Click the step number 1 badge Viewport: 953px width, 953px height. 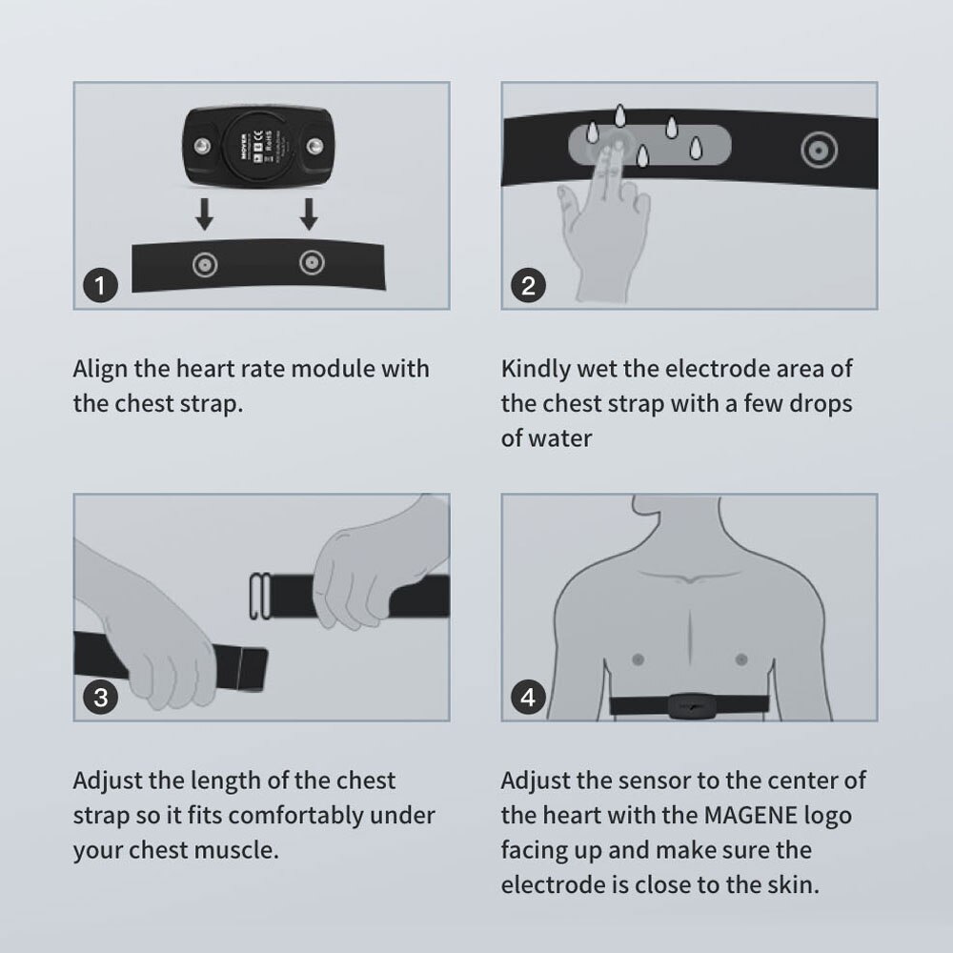(100, 286)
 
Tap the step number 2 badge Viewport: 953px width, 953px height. (528, 286)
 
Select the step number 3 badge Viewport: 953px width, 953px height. (100, 698)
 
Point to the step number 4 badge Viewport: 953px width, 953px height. (528, 698)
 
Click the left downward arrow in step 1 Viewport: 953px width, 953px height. (204, 213)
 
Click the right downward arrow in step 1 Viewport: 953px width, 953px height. (309, 213)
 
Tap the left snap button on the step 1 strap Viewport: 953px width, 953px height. (204, 265)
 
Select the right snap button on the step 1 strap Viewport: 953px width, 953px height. (312, 263)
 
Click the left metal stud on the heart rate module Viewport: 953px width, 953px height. (202, 147)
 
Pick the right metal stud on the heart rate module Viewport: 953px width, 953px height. (314, 147)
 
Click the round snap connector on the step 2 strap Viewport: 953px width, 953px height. (819, 151)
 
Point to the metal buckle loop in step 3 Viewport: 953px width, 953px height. (261, 596)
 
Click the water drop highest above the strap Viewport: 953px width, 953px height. (619, 115)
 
